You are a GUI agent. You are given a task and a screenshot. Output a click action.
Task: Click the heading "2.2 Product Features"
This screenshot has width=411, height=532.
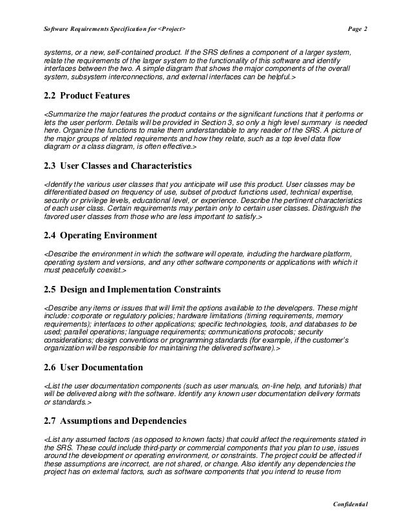pyautogui.click(x=86, y=96)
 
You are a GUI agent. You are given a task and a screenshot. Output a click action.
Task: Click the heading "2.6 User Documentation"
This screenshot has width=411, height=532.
pyautogui.click(x=93, y=368)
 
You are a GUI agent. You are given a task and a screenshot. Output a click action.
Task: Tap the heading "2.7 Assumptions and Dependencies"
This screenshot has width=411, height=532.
pyautogui.click(x=115, y=421)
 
